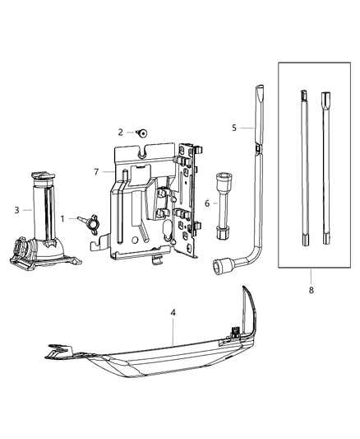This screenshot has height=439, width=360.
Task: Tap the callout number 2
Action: pyautogui.click(x=120, y=132)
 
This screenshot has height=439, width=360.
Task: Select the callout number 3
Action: pyautogui.click(x=16, y=210)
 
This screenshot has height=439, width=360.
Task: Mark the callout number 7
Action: pyautogui.click(x=96, y=171)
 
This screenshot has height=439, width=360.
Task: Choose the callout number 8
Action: pyautogui.click(x=312, y=290)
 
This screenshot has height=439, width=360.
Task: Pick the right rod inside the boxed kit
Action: pyautogui.click(x=327, y=169)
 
